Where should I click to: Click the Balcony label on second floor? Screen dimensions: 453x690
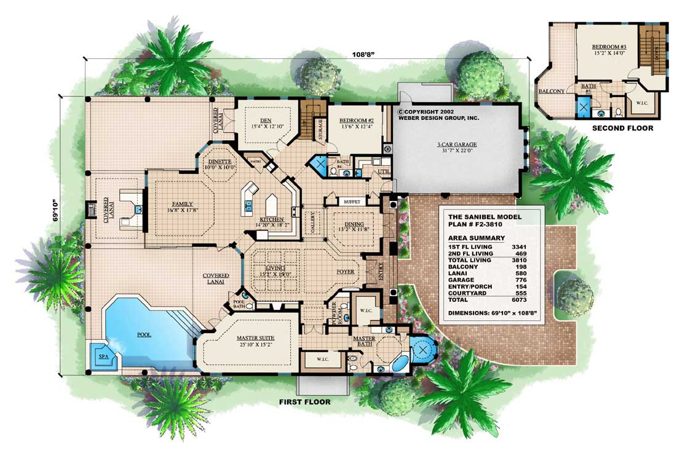(x=552, y=91)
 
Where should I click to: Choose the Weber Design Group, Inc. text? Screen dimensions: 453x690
(x=438, y=117)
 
